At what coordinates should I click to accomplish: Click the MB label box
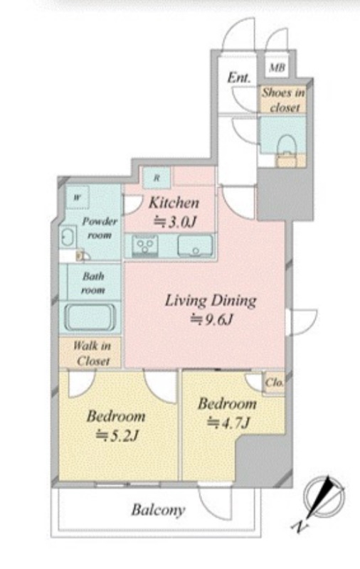277,67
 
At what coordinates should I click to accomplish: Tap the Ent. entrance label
239,78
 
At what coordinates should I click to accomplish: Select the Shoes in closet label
283,100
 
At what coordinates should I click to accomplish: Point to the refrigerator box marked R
157,178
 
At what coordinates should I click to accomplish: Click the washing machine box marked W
78,198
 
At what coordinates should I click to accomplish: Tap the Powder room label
99,228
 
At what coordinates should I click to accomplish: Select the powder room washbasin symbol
68,238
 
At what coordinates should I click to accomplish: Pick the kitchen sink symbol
195,245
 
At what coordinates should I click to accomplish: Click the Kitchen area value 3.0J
174,221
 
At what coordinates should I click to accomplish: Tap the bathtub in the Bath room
90,317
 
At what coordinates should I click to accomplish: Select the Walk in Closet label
92,353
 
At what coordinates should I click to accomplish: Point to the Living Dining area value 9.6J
212,319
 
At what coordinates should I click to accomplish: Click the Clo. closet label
274,383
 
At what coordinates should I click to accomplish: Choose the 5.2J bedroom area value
117,435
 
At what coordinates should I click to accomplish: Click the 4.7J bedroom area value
228,422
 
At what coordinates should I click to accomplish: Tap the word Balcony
158,510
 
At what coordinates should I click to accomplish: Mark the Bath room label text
93,283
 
